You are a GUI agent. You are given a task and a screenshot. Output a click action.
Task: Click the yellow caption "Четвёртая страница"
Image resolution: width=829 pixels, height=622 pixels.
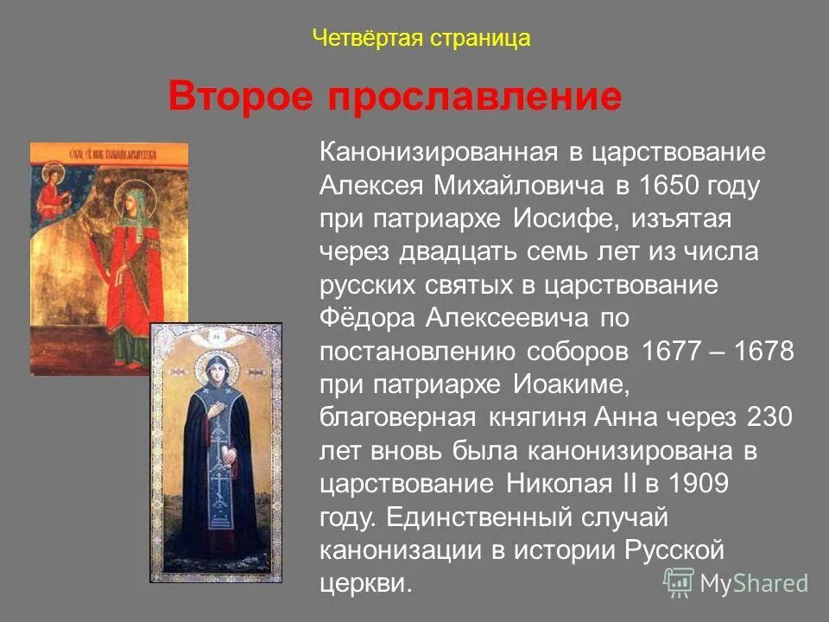point(421,39)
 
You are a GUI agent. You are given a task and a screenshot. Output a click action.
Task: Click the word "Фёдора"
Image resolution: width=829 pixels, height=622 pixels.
point(368,318)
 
